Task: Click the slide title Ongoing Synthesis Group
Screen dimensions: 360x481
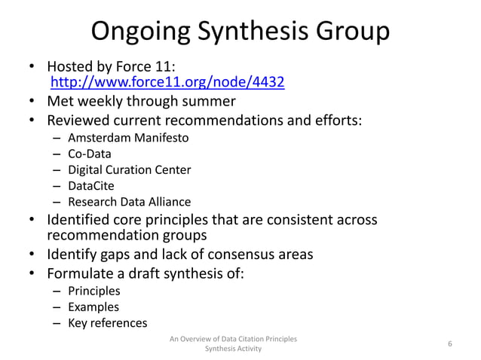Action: (240, 32)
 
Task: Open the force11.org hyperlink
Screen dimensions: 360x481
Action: (167, 82)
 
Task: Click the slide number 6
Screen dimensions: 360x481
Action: (449, 344)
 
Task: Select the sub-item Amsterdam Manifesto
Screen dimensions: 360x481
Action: (128, 138)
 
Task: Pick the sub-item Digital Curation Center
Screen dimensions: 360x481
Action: (129, 169)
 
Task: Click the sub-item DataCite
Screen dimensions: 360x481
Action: (93, 185)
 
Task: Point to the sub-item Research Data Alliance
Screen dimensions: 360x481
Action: (129, 201)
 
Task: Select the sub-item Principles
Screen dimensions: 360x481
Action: (93, 291)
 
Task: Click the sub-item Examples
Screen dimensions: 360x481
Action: (93, 307)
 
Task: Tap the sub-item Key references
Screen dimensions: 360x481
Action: (107, 322)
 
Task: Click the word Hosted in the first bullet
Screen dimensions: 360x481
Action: (72, 66)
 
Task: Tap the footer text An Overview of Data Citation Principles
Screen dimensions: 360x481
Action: (234, 339)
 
